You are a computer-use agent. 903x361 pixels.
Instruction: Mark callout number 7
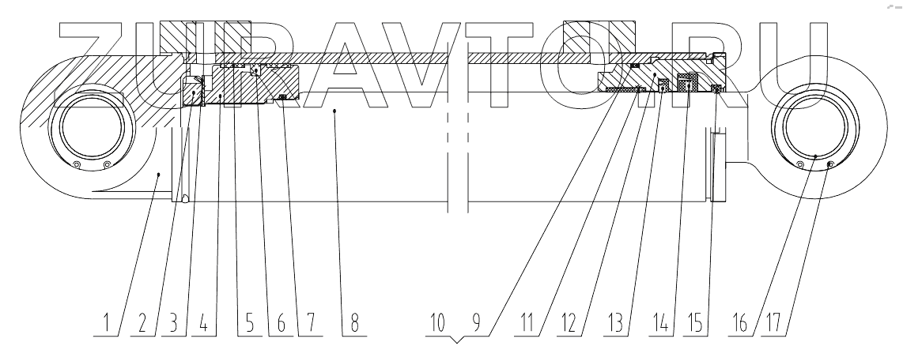309,324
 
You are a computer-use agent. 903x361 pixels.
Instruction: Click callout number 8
352,324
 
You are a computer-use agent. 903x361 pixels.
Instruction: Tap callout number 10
440,324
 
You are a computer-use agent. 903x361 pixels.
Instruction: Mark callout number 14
662,324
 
